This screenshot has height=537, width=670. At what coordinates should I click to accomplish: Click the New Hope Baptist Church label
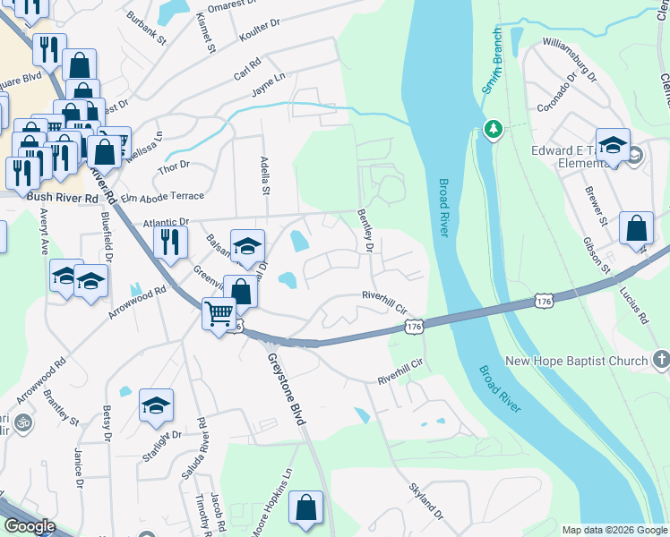(x=576, y=362)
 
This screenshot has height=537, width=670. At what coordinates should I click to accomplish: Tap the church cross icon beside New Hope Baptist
(x=661, y=360)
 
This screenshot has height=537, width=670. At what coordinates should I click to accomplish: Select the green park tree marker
(x=492, y=130)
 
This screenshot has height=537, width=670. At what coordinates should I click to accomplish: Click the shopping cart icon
(x=219, y=315)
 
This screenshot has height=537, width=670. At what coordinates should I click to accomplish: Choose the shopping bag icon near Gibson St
(x=636, y=228)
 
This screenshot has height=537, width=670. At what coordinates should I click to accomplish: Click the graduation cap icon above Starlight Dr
(x=156, y=406)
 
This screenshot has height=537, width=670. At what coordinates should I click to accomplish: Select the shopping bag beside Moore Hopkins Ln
(x=306, y=507)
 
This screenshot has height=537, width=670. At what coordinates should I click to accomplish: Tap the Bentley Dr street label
(x=365, y=229)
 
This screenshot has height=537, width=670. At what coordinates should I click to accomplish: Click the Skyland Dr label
(x=425, y=502)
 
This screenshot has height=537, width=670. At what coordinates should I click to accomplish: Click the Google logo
(x=30, y=525)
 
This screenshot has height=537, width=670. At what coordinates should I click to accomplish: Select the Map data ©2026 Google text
(x=614, y=530)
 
